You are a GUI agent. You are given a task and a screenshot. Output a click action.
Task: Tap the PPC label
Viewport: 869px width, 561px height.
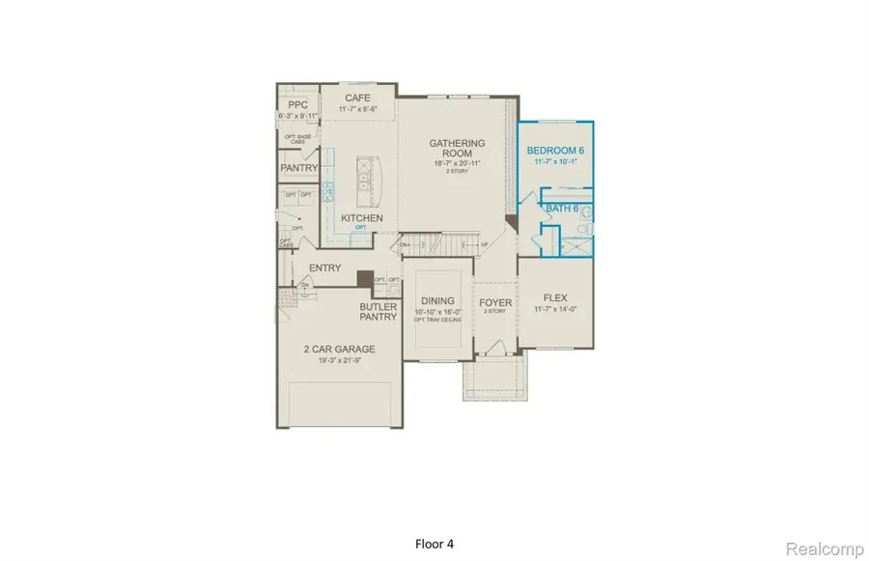coord(296,104)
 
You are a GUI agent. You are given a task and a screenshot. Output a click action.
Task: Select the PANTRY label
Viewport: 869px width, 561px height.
coord(299,168)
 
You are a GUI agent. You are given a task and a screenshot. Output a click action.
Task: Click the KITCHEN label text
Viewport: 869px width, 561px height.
coord(361,218)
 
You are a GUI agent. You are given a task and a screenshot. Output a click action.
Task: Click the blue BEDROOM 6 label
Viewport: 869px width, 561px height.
coord(555,151)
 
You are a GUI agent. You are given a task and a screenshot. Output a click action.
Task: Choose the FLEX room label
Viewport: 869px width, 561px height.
coord(554,297)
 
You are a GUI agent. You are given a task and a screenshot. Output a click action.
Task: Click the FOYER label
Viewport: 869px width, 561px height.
coord(495,303)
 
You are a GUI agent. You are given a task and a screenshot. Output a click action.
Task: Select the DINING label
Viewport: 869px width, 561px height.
coord(437,301)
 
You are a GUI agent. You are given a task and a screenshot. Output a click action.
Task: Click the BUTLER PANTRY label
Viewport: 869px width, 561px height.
coord(379,312)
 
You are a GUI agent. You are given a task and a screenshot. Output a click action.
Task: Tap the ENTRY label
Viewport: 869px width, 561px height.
coord(324,267)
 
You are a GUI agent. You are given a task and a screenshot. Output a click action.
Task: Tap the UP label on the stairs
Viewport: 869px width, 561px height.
coord(483,244)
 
